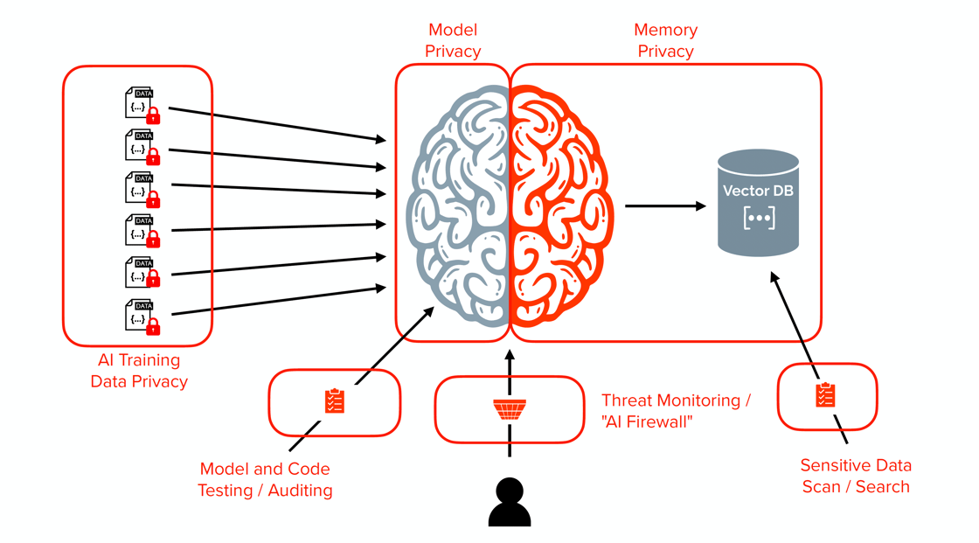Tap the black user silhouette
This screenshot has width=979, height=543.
pos(510,504)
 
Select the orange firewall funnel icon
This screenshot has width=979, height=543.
pos(510,409)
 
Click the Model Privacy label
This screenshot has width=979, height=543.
pos(453,41)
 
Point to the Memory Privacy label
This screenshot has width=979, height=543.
pos(665,41)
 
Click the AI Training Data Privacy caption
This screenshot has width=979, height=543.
pos(139,371)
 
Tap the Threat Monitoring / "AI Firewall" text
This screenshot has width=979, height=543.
pos(676,410)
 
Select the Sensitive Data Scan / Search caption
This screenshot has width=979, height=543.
pos(856,476)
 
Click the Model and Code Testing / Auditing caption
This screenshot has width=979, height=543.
pos(265,480)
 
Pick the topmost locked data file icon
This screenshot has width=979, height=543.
pos(141,104)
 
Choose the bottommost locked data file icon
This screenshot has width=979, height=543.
pos(141,317)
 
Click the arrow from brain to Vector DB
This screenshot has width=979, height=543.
pos(664,206)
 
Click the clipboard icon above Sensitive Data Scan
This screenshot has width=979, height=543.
pos(825,395)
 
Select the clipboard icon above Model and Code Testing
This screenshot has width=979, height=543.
pos(334,401)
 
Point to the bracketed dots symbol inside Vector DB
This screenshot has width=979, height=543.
pos(758,218)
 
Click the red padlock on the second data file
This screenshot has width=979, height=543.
pos(153,157)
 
